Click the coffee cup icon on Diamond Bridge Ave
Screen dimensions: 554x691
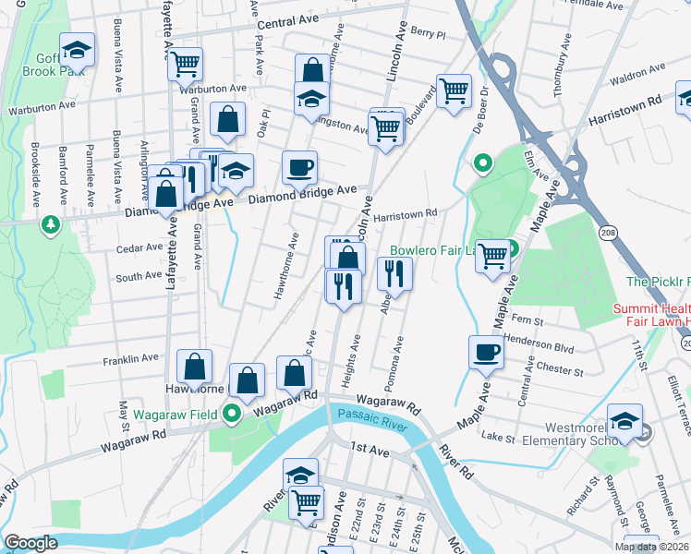[x=300, y=168]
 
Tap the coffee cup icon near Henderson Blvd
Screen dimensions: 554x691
[x=487, y=352]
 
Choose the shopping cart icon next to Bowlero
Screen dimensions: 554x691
[x=493, y=256]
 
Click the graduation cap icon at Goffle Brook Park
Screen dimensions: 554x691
[x=78, y=50]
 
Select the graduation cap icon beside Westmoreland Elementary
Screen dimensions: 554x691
[x=624, y=421]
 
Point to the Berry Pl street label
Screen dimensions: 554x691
[x=428, y=32]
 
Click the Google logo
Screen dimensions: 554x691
[x=30, y=543]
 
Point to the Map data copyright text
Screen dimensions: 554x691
[x=650, y=547]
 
